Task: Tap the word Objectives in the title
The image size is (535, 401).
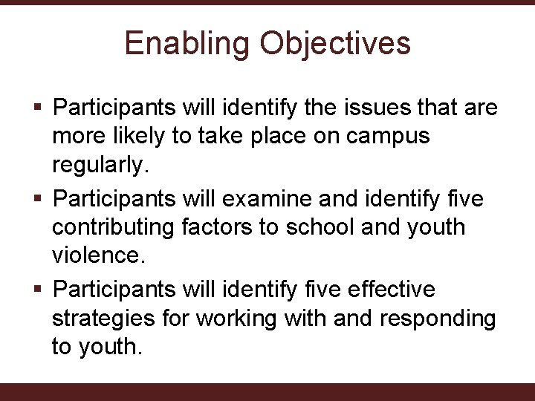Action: (x=334, y=43)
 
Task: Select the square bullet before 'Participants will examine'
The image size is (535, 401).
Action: (x=39, y=199)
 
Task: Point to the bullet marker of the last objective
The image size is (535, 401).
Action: (x=39, y=288)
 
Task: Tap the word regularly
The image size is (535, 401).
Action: (x=100, y=166)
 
